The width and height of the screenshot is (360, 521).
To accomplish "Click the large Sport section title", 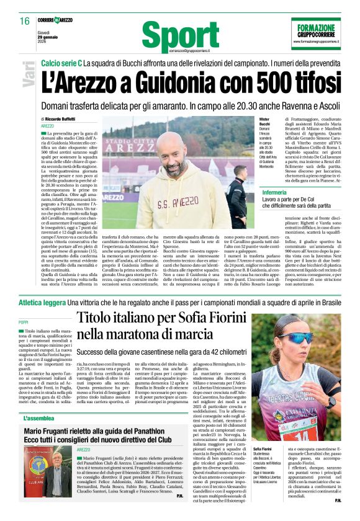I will pyautogui.click(x=172, y=37).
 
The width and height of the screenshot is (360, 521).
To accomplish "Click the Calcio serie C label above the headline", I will pyautogui.click(x=61, y=65).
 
